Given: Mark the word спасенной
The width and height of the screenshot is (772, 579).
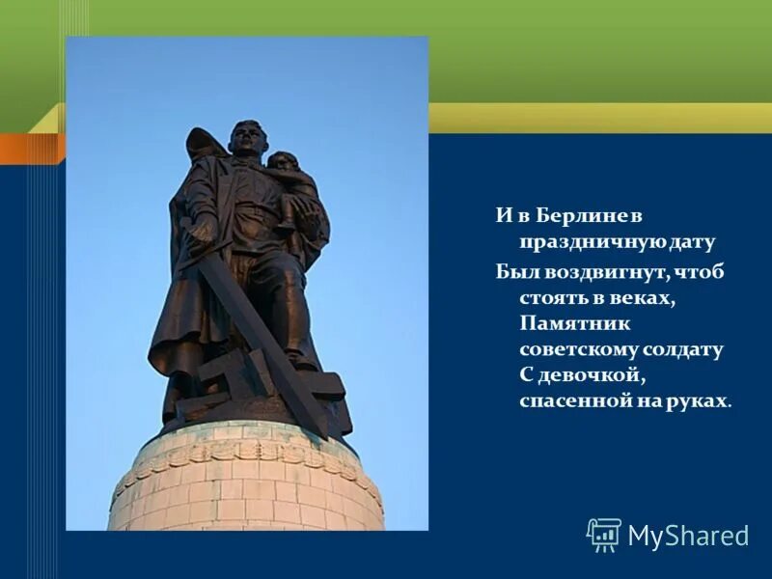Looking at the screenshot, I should point(574,400).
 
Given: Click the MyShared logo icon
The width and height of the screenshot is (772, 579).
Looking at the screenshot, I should point(604,535).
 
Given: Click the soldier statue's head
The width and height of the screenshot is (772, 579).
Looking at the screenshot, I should point(246,138).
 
